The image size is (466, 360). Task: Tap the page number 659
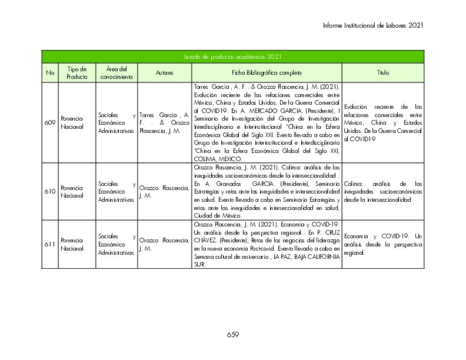point(233,335)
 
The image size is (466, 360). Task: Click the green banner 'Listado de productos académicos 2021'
point(233,57)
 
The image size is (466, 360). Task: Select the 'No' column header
point(50,73)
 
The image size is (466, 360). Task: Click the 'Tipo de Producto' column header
point(77,73)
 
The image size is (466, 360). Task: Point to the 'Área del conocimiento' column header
point(116,73)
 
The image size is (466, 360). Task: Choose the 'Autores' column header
point(164,73)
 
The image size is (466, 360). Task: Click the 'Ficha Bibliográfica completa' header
point(267,73)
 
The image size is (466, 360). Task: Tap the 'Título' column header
point(383,73)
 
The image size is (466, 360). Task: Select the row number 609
point(50,123)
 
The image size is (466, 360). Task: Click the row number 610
point(50,192)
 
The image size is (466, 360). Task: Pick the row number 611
point(50,245)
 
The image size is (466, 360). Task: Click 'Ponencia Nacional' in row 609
point(72,123)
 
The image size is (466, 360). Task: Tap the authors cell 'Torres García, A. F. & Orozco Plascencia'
point(164,123)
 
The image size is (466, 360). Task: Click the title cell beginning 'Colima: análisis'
point(383,192)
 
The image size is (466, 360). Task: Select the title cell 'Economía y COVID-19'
point(383,245)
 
